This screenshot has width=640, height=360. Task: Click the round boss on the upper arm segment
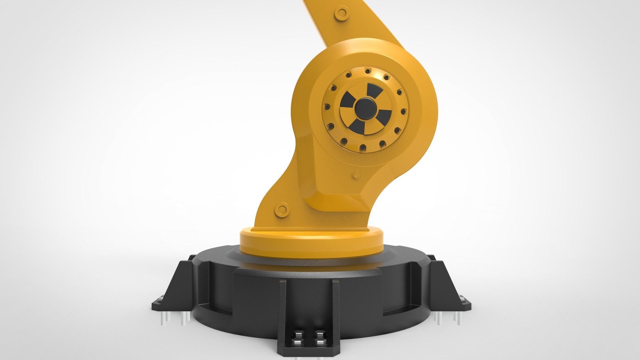tap(341, 13)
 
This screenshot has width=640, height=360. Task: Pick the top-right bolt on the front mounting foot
tap(320, 334)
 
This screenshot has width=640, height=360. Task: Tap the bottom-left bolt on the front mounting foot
tap(297, 343)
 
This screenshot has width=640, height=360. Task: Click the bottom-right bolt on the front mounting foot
tap(320, 343)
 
